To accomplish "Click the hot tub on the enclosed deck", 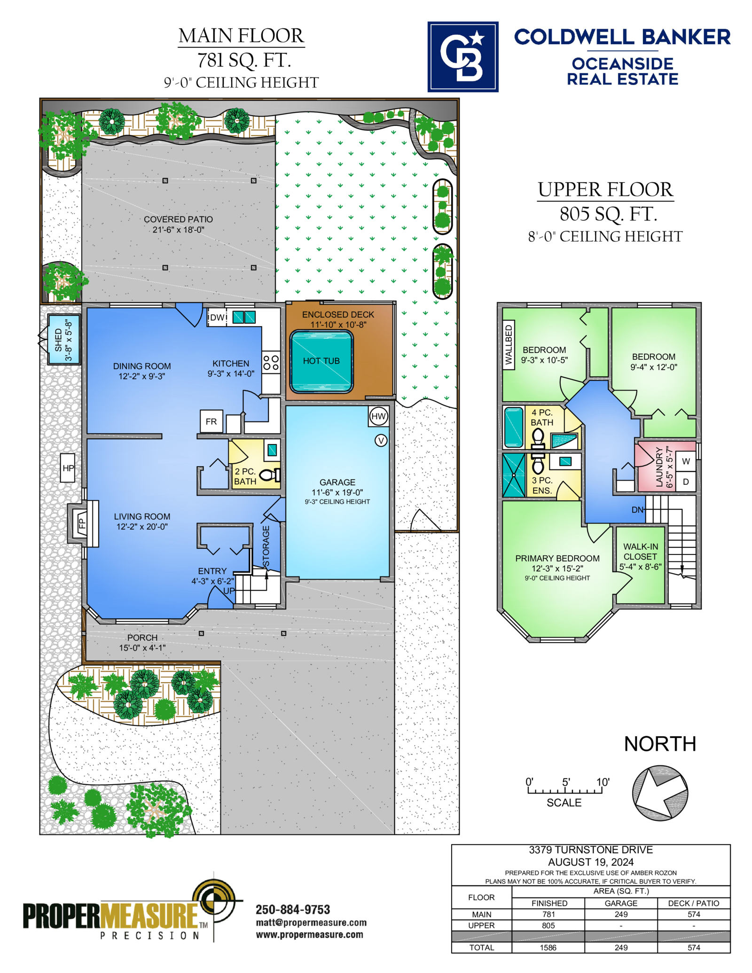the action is [x=321, y=361].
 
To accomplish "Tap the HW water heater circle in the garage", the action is [x=378, y=416].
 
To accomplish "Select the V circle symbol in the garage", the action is [x=381, y=440].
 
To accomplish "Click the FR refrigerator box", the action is [x=211, y=421].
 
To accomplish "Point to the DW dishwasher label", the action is [x=217, y=318].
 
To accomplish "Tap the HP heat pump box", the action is [x=68, y=468].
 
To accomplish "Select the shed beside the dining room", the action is [x=64, y=339].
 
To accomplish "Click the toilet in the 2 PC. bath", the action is [x=270, y=475].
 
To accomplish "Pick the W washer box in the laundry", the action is [x=686, y=461].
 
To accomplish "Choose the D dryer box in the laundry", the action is [x=686, y=482].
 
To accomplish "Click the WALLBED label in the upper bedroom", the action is [x=509, y=345].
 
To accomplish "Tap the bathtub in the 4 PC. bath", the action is [x=514, y=427].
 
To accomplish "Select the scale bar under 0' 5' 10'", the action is [x=564, y=791].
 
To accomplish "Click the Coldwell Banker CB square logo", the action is [x=462, y=56].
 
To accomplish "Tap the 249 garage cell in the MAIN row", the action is [x=621, y=914].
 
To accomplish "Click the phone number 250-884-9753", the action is [x=293, y=910].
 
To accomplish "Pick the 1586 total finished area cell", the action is [x=548, y=948].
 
